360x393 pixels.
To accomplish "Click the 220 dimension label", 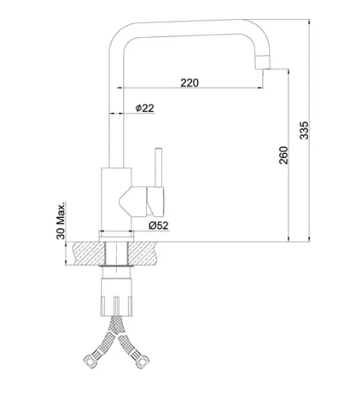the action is click(x=189, y=83).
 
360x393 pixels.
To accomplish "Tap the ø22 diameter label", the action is click(x=144, y=108).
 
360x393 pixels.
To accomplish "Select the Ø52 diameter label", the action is click(x=159, y=226).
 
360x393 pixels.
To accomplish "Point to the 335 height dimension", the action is click(x=304, y=130).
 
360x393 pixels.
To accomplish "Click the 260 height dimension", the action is click(x=283, y=155).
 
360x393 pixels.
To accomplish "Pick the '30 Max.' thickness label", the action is click(x=61, y=220).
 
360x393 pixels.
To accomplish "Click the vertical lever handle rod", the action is click(x=158, y=167).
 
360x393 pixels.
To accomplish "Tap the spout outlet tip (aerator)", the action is click(x=263, y=63).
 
